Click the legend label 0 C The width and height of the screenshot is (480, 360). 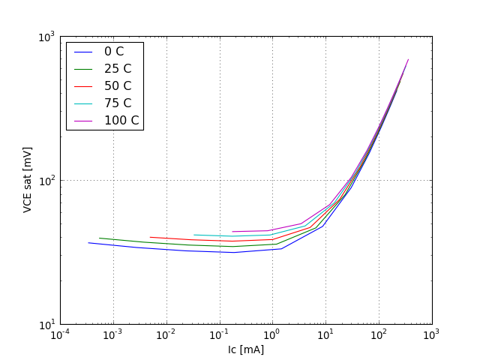click(114, 52)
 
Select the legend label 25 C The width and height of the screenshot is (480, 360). click(117, 69)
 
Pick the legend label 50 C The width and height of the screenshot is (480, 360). click(117, 85)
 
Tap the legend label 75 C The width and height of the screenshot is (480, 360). click(117, 103)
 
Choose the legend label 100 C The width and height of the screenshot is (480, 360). click(121, 120)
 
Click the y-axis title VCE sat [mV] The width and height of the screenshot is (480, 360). click(28, 180)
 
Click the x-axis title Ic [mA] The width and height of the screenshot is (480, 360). click(246, 349)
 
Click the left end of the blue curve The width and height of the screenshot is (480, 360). click(88, 242)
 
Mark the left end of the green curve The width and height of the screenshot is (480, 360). click(100, 238)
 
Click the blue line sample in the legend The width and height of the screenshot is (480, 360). click(82, 52)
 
